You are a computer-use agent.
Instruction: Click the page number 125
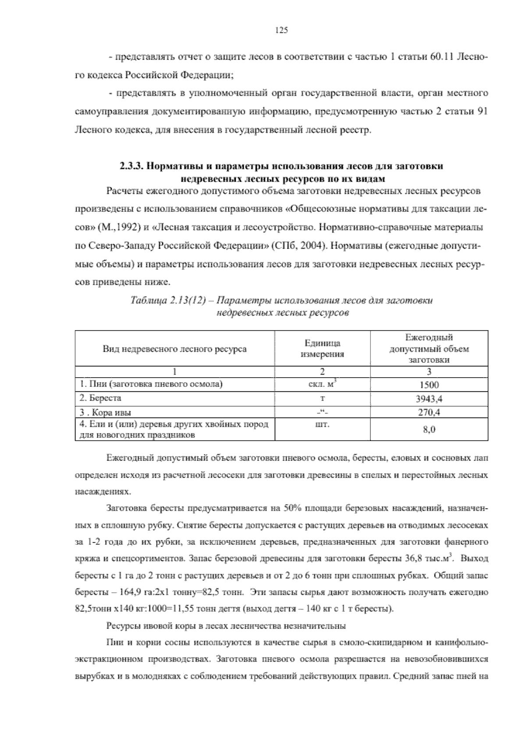(281, 30)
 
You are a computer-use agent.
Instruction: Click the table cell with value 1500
(429, 385)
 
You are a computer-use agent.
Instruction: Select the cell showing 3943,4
(429, 399)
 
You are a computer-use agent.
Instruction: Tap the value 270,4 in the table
(429, 412)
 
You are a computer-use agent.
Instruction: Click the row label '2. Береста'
(100, 398)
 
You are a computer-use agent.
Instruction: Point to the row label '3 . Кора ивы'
(105, 412)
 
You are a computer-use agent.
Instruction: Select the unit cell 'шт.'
(322, 425)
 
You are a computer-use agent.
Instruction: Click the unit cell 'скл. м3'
(322, 384)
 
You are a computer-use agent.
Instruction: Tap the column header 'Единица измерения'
(322, 349)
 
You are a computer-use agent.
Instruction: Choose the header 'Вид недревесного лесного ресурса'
(174, 349)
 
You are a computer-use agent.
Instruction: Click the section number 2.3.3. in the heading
(132, 166)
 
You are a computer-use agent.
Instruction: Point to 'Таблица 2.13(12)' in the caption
(168, 301)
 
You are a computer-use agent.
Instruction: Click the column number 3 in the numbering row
(429, 372)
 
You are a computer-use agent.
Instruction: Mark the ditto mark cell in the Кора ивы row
(322, 412)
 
